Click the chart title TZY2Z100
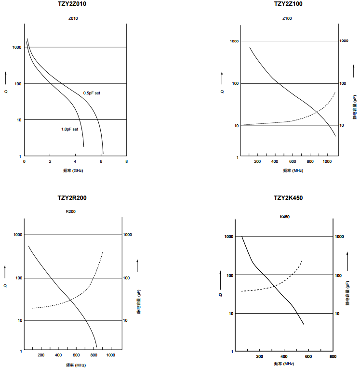(x=288, y=4)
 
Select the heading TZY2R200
(x=72, y=198)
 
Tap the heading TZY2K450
(x=288, y=198)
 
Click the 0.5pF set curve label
(x=92, y=92)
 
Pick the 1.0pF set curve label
(x=69, y=129)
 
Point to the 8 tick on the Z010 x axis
(x=126, y=162)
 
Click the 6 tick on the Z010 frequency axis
(x=101, y=162)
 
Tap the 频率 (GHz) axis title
(x=73, y=171)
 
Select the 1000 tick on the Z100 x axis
(x=328, y=162)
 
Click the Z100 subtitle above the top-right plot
(x=287, y=18)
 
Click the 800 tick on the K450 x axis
(x=333, y=356)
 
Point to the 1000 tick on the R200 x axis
(x=110, y=355)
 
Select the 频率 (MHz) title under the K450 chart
(x=285, y=364)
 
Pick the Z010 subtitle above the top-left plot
(x=73, y=18)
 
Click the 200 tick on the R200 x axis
(x=41, y=355)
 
